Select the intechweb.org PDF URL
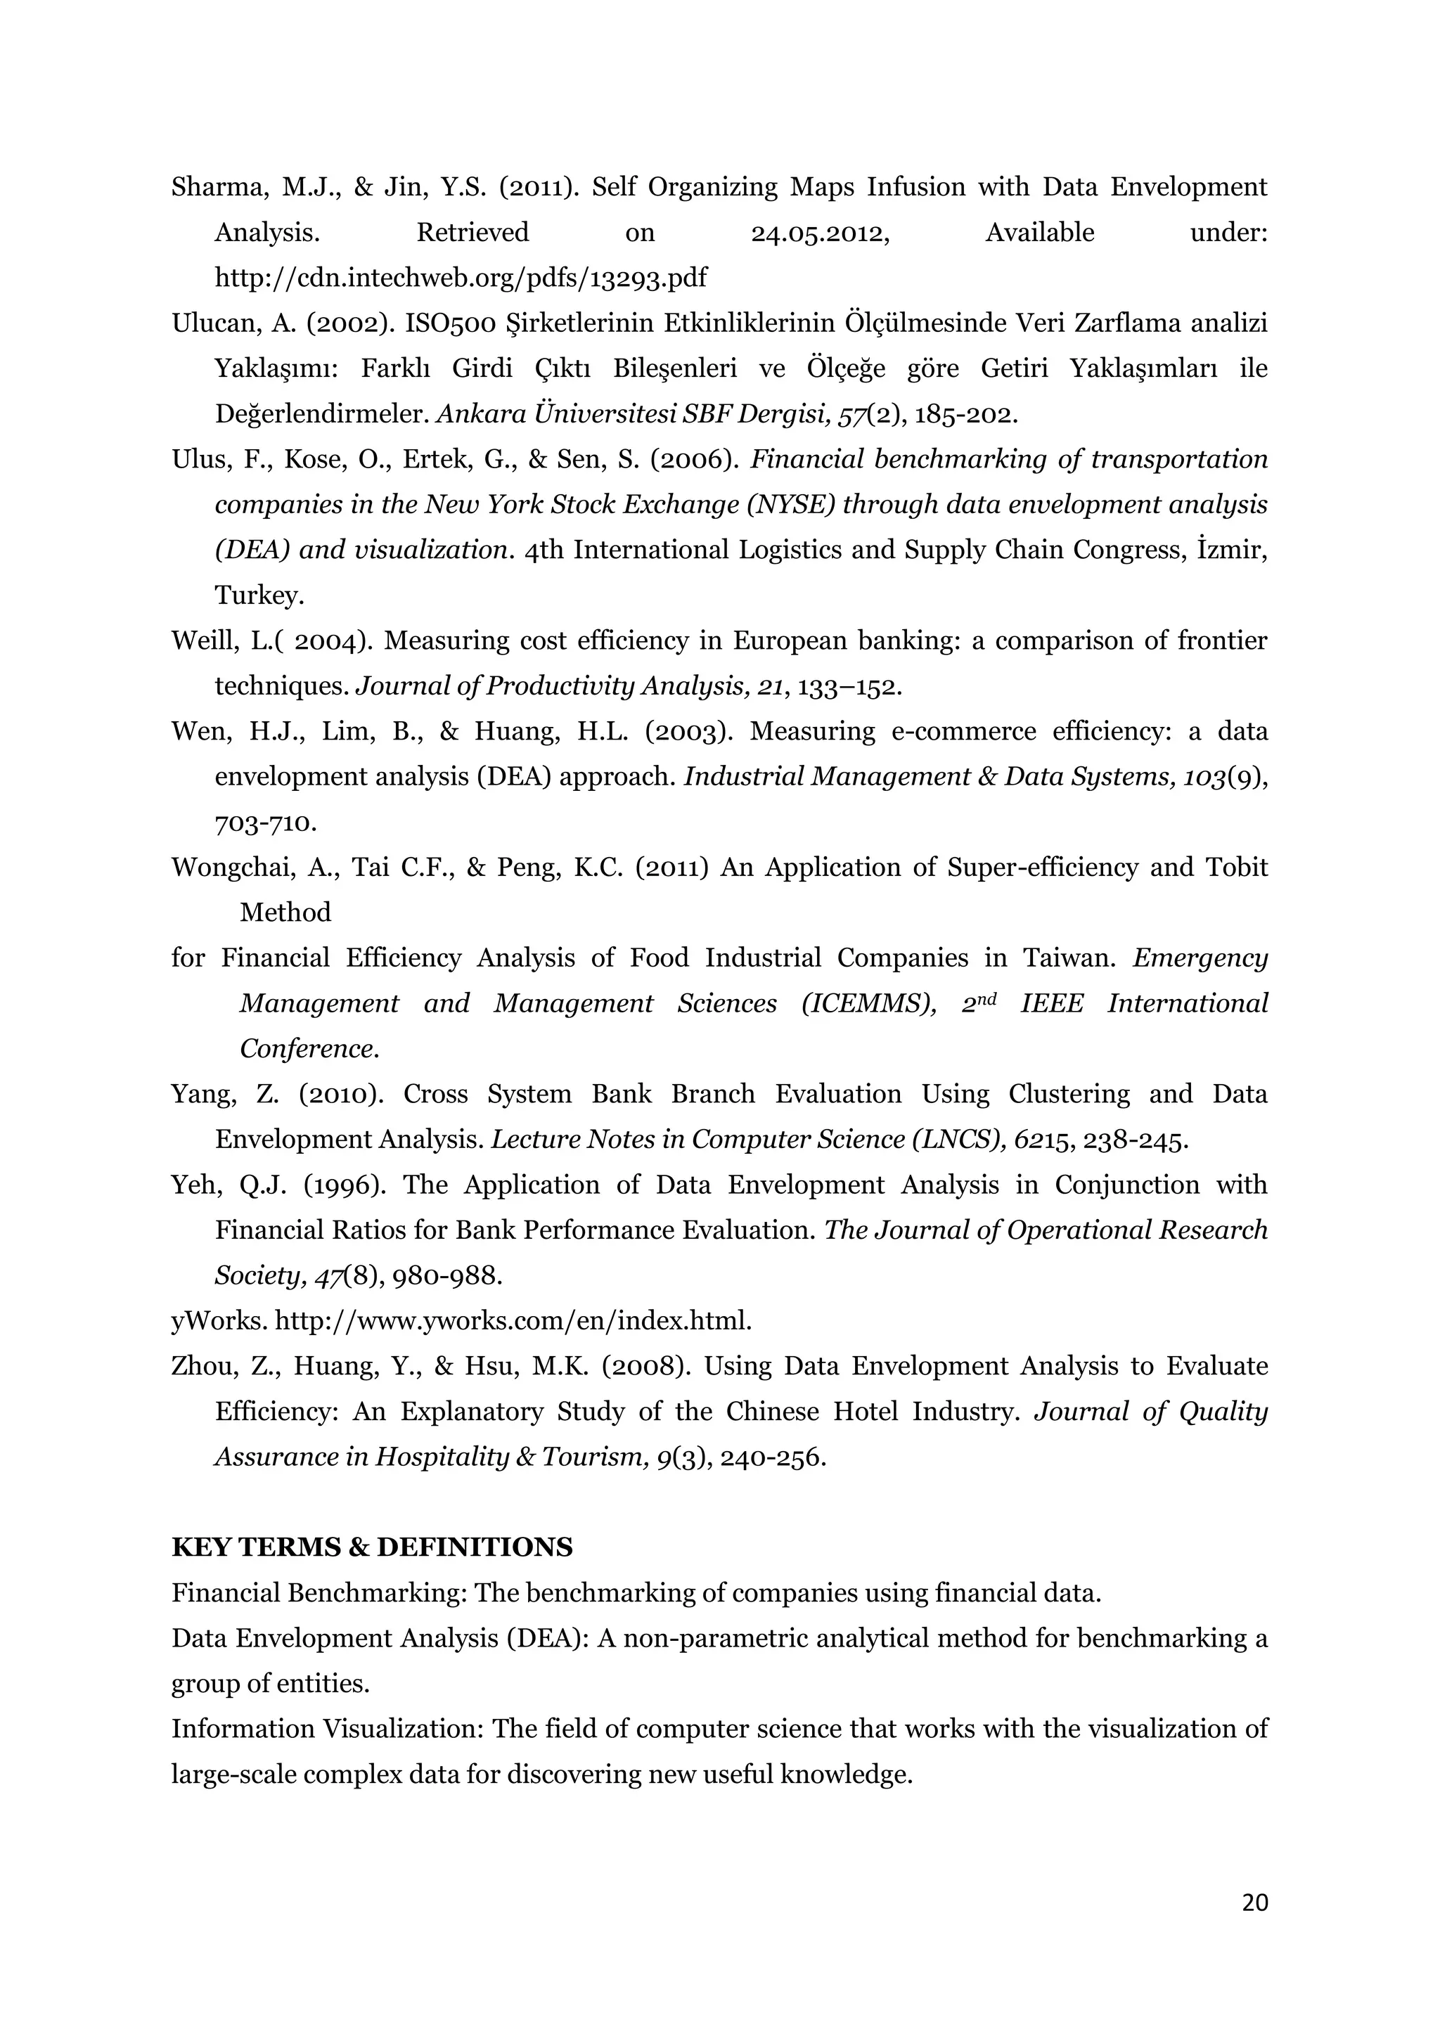(461, 278)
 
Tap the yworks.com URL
(513, 1321)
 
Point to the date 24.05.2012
(819, 233)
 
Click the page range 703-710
(265, 823)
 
